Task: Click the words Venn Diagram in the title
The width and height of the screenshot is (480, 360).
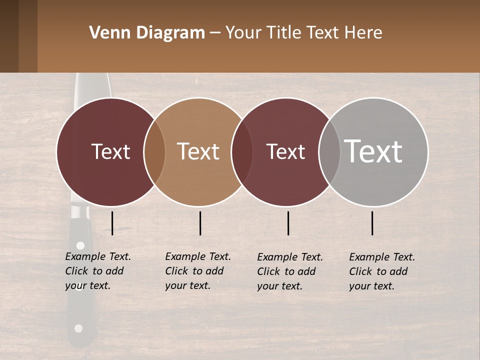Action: pos(147,33)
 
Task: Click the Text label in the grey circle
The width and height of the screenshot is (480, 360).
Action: pos(373,151)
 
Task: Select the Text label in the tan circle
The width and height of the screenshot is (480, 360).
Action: pos(198,151)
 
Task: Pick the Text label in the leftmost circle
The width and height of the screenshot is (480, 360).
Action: pos(110,151)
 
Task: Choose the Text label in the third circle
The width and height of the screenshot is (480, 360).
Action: pos(285,151)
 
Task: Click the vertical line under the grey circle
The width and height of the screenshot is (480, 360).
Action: pos(372,223)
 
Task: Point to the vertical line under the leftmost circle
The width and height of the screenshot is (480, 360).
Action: pos(112,223)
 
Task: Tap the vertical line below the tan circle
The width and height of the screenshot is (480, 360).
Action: pos(200,223)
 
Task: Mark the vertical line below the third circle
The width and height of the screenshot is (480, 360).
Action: pos(288,223)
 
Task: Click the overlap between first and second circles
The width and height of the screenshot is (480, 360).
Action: pos(154,151)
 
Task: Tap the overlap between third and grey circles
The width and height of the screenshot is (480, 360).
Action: pos(329,151)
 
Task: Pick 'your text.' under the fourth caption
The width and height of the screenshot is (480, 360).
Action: pos(371,286)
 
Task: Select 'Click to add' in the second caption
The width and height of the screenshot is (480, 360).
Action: pos(194,271)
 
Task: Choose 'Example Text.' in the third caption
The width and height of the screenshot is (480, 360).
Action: pos(290,257)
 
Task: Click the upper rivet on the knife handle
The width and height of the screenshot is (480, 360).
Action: pos(80,245)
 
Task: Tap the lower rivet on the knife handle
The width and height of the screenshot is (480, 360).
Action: pos(78,328)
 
